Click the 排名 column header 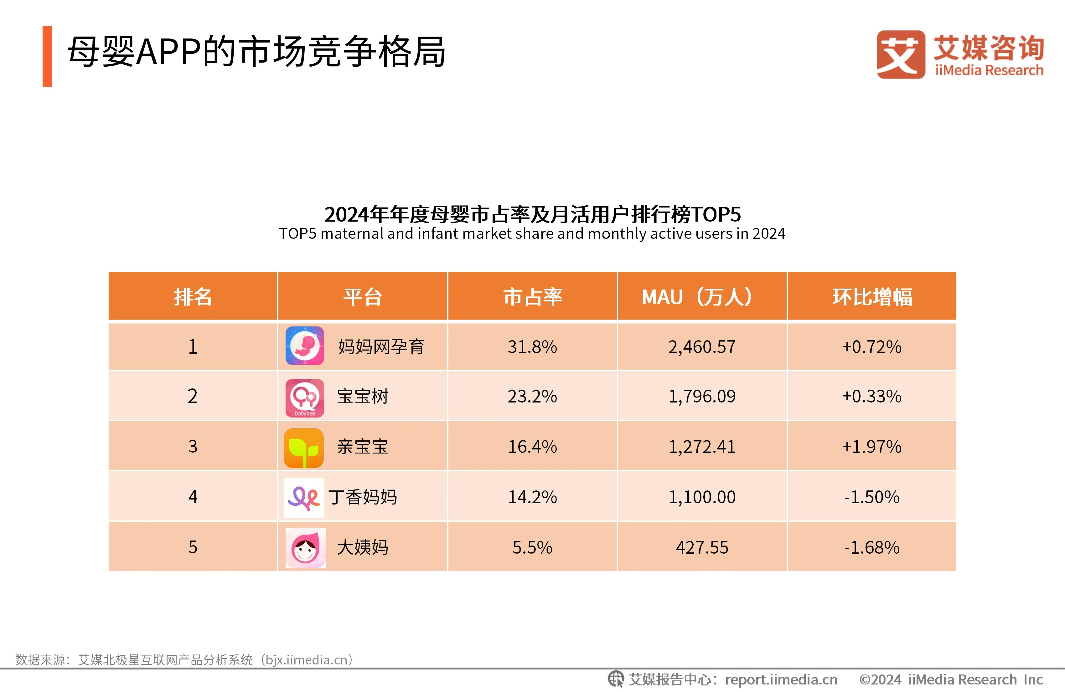click(192, 297)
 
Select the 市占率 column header click(532, 297)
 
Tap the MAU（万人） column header click(702, 297)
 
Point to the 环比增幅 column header click(872, 297)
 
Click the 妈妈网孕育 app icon click(305, 346)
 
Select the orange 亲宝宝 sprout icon click(304, 448)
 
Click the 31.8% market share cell click(532, 347)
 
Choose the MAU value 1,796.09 click(702, 396)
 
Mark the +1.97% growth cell click(872, 446)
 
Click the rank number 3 click(192, 446)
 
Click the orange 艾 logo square click(901, 54)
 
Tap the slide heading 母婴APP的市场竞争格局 click(256, 52)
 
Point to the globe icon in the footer click(616, 679)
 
